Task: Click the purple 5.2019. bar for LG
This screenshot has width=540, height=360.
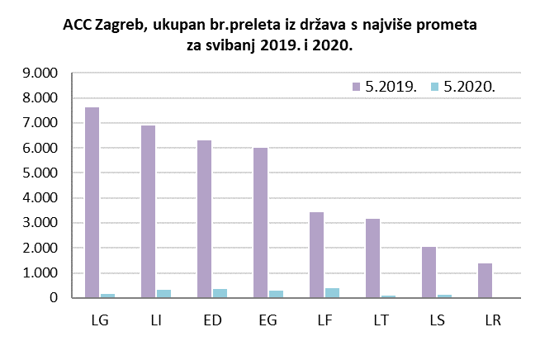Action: pos(92,202)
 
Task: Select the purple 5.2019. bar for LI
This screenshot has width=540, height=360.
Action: pos(148,211)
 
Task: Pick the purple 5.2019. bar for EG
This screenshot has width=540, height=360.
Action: pos(260,223)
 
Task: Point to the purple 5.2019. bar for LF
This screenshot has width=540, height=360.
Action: pos(316,255)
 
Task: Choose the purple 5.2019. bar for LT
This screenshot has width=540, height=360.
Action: pos(372,258)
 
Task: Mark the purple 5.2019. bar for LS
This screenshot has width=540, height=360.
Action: pos(429,272)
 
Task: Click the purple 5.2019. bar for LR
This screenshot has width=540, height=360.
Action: pos(485,281)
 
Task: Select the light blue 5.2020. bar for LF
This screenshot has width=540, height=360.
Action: pos(332,293)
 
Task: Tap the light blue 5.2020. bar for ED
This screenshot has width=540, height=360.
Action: pos(220,293)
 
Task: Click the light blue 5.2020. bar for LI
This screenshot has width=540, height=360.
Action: pos(163,294)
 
